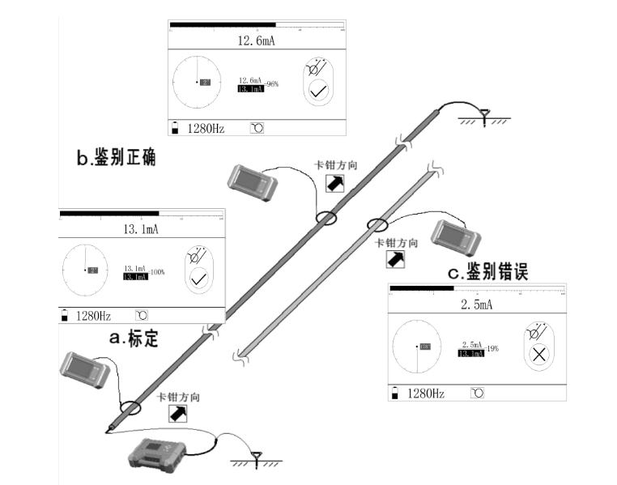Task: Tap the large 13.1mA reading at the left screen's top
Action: tap(141, 230)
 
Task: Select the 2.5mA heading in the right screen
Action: tap(475, 305)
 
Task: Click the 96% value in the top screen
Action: tap(272, 83)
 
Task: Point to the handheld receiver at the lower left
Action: tap(84, 370)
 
